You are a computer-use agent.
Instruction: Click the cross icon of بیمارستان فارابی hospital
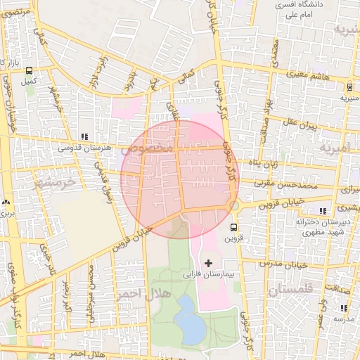(207, 262)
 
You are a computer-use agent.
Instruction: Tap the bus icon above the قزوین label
(234, 227)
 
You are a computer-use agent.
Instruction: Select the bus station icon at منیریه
(349, 87)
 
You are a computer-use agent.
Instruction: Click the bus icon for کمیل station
(29, 70)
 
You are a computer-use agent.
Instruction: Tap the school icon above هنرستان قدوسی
(85, 136)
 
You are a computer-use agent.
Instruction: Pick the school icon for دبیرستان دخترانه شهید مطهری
(323, 210)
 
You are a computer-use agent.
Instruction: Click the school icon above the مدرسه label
(343, 307)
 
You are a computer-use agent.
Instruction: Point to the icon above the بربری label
(7, 201)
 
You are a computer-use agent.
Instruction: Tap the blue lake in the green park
(188, 318)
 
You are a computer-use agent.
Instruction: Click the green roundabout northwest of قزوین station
(235, 205)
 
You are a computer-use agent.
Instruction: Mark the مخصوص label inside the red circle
(148, 149)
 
